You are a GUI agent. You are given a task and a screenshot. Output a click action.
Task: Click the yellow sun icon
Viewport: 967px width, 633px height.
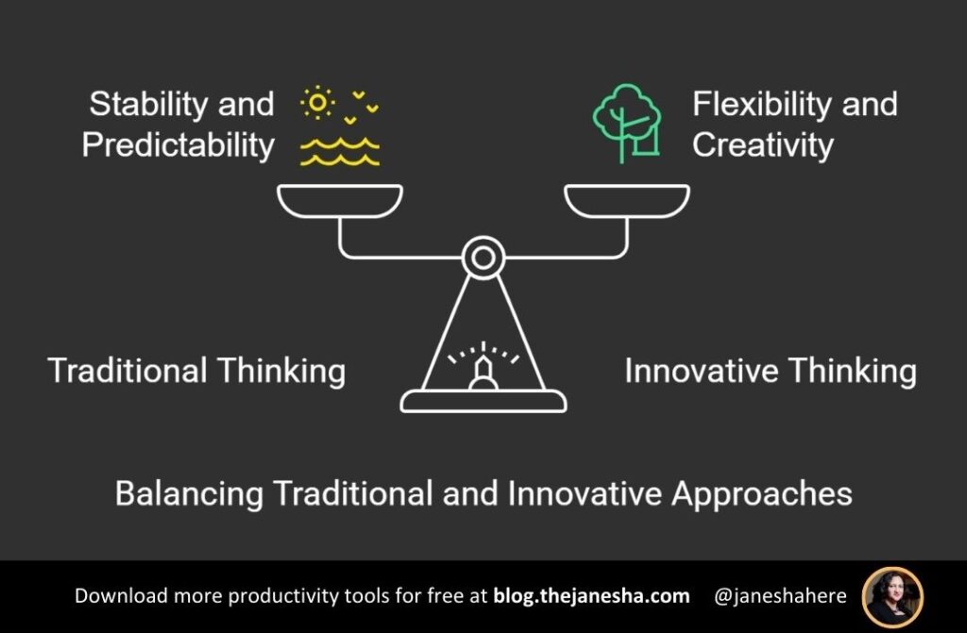tap(317, 102)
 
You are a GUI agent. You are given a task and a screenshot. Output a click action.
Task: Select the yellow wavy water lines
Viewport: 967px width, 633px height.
tap(340, 152)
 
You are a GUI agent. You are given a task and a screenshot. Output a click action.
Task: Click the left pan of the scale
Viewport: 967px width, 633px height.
tap(340, 199)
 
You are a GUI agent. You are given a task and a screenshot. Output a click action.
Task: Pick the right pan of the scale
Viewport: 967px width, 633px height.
tap(627, 199)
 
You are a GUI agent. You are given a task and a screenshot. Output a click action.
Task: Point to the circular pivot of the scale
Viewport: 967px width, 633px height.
tap(483, 256)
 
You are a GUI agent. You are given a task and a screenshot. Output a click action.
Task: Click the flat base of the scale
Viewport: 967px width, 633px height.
tap(483, 402)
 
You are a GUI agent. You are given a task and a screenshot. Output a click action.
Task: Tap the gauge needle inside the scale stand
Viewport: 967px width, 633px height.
tap(483, 374)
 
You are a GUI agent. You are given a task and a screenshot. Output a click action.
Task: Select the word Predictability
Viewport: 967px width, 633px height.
tap(178, 144)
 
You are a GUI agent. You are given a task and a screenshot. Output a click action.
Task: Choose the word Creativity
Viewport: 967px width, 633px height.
tap(762, 144)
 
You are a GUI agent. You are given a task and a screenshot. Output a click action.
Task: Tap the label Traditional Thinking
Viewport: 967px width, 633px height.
tap(196, 371)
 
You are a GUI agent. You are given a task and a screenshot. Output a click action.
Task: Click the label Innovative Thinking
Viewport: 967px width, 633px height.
tap(770, 371)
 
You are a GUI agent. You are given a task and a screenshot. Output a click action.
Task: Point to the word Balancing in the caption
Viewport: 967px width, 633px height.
tap(188, 493)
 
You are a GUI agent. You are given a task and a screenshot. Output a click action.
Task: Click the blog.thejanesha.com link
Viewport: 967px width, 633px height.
tap(591, 596)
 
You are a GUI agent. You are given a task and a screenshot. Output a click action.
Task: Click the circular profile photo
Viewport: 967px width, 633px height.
tap(892, 597)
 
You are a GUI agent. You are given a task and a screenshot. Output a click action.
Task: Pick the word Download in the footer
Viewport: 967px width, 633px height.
tap(116, 596)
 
